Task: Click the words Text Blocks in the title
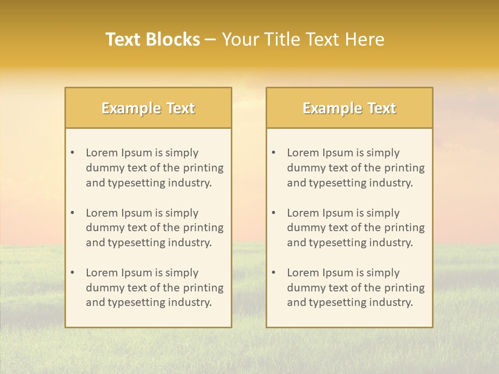(x=152, y=39)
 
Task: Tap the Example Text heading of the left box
(x=148, y=108)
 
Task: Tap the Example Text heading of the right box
(x=349, y=108)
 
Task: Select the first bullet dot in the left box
(x=72, y=153)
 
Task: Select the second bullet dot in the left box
(x=72, y=213)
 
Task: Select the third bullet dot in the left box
(x=72, y=273)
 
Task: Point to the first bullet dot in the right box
(x=273, y=153)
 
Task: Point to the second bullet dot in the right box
(x=273, y=213)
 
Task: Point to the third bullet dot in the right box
(x=273, y=273)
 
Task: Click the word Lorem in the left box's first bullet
(x=101, y=153)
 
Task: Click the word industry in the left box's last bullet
(x=190, y=302)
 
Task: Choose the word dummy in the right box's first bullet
(x=304, y=168)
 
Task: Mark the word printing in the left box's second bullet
(x=205, y=228)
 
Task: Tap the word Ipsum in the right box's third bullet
(x=338, y=273)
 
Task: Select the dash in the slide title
(x=211, y=40)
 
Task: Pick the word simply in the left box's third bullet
(x=182, y=273)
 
